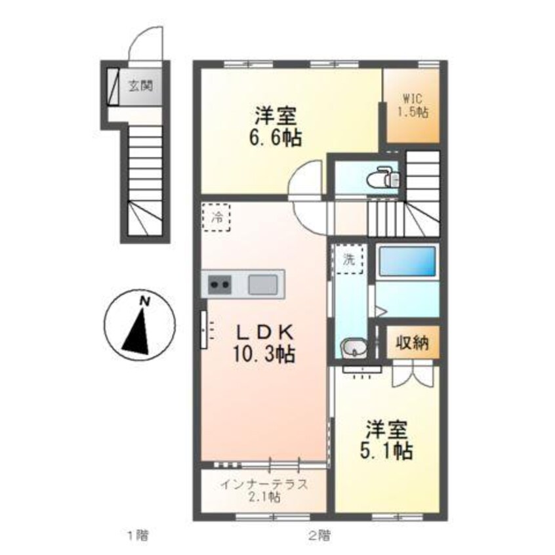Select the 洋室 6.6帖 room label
275,127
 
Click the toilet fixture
380,178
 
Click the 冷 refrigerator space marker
216,218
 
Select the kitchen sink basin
263,285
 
